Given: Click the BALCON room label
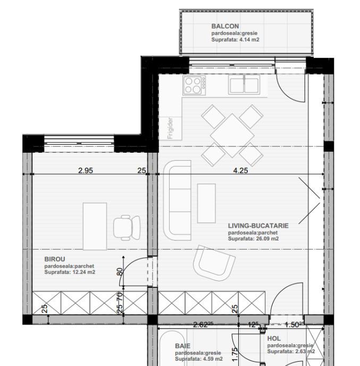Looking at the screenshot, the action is (x=225, y=26).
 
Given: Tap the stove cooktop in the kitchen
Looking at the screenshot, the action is (x=194, y=85).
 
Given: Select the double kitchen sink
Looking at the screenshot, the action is (x=244, y=85).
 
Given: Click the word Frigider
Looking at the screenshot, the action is (x=171, y=128).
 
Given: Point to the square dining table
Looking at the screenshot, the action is (x=232, y=135).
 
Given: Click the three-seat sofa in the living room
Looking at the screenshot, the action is (x=177, y=200).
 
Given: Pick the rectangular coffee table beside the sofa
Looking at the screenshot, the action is (x=206, y=203).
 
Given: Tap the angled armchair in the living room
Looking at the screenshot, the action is (x=214, y=263).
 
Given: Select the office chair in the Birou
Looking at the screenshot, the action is (x=127, y=228).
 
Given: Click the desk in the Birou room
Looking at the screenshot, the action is (x=95, y=227).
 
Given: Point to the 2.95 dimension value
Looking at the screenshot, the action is (x=86, y=171).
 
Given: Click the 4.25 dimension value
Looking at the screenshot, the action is (x=240, y=171).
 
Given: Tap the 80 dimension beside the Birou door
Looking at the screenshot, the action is (x=120, y=272).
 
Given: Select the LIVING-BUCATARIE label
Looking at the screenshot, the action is (x=258, y=226).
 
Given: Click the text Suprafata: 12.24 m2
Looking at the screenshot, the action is (x=70, y=272).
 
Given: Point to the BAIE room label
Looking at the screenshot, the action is (x=183, y=346).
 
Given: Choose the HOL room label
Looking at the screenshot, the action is (x=274, y=338).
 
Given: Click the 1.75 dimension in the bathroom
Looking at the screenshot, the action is (x=235, y=354).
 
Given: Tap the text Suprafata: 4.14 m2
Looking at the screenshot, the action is (x=236, y=40).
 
